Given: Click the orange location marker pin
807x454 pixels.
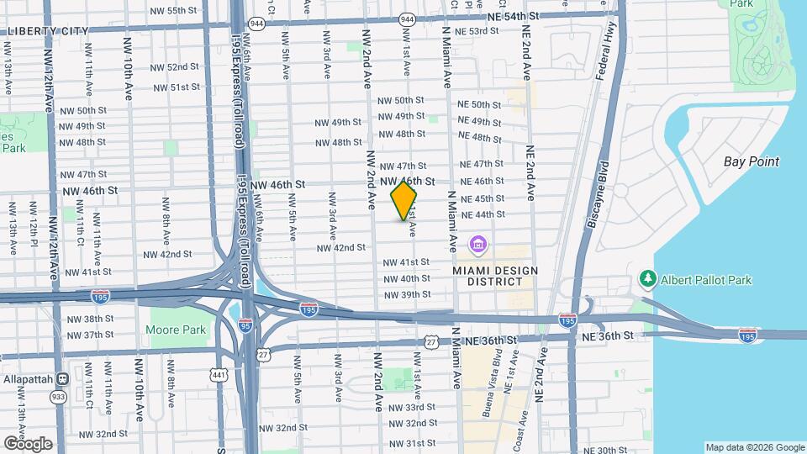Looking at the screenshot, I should [403, 200].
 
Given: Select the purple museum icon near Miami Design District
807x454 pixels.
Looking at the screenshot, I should [478, 245].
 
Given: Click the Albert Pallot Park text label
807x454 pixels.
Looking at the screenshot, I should [706, 279].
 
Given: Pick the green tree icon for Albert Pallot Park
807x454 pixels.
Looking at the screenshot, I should [647, 278].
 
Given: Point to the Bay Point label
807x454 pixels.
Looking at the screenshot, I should [752, 161].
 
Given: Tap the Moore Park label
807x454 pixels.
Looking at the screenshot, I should [177, 330].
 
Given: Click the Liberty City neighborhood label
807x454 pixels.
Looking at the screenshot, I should [45, 31].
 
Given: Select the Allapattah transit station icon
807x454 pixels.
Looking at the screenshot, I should [61, 379].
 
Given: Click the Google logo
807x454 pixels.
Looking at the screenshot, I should [27, 444].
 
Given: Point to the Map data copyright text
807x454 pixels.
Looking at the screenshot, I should [754, 447].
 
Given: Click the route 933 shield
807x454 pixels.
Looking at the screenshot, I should [58, 397].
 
